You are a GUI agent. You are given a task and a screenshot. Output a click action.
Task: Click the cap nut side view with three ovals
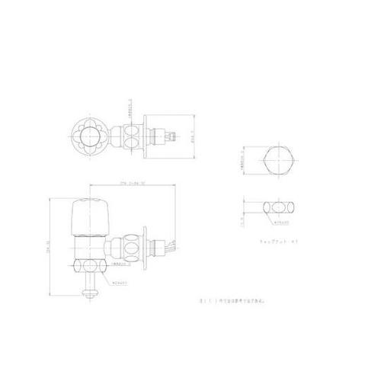pos(280,207)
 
